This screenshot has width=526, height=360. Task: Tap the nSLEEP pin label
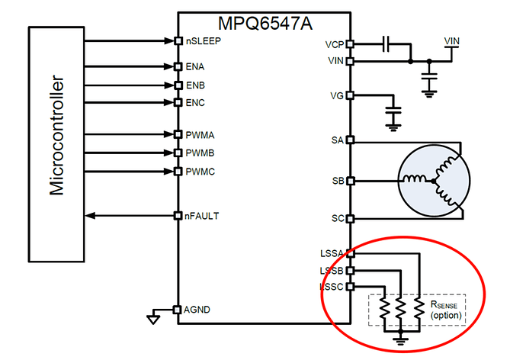tap(203, 40)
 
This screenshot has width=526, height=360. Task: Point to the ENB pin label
tap(195, 85)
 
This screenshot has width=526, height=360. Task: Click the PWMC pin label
tap(200, 172)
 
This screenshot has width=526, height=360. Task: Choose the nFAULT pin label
tap(202, 216)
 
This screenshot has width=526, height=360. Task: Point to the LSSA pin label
tap(333, 253)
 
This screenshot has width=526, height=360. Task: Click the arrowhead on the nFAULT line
tap(90, 216)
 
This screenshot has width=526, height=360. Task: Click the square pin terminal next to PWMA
tap(178, 135)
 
